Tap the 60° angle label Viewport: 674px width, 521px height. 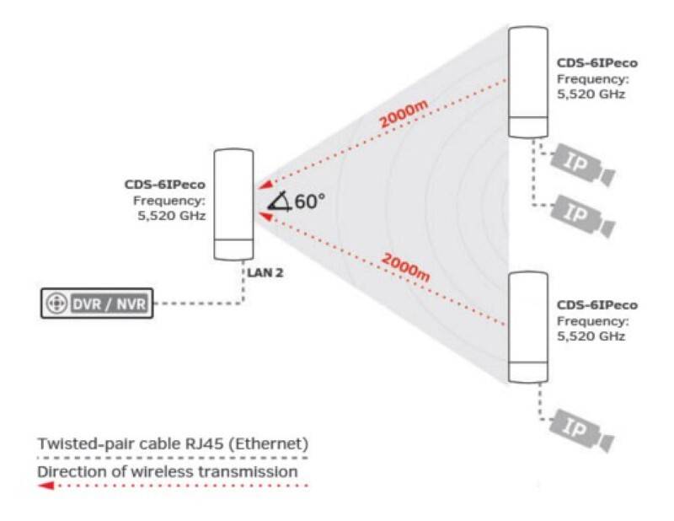click(309, 201)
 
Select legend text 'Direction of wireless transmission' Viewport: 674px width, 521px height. click(167, 471)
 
